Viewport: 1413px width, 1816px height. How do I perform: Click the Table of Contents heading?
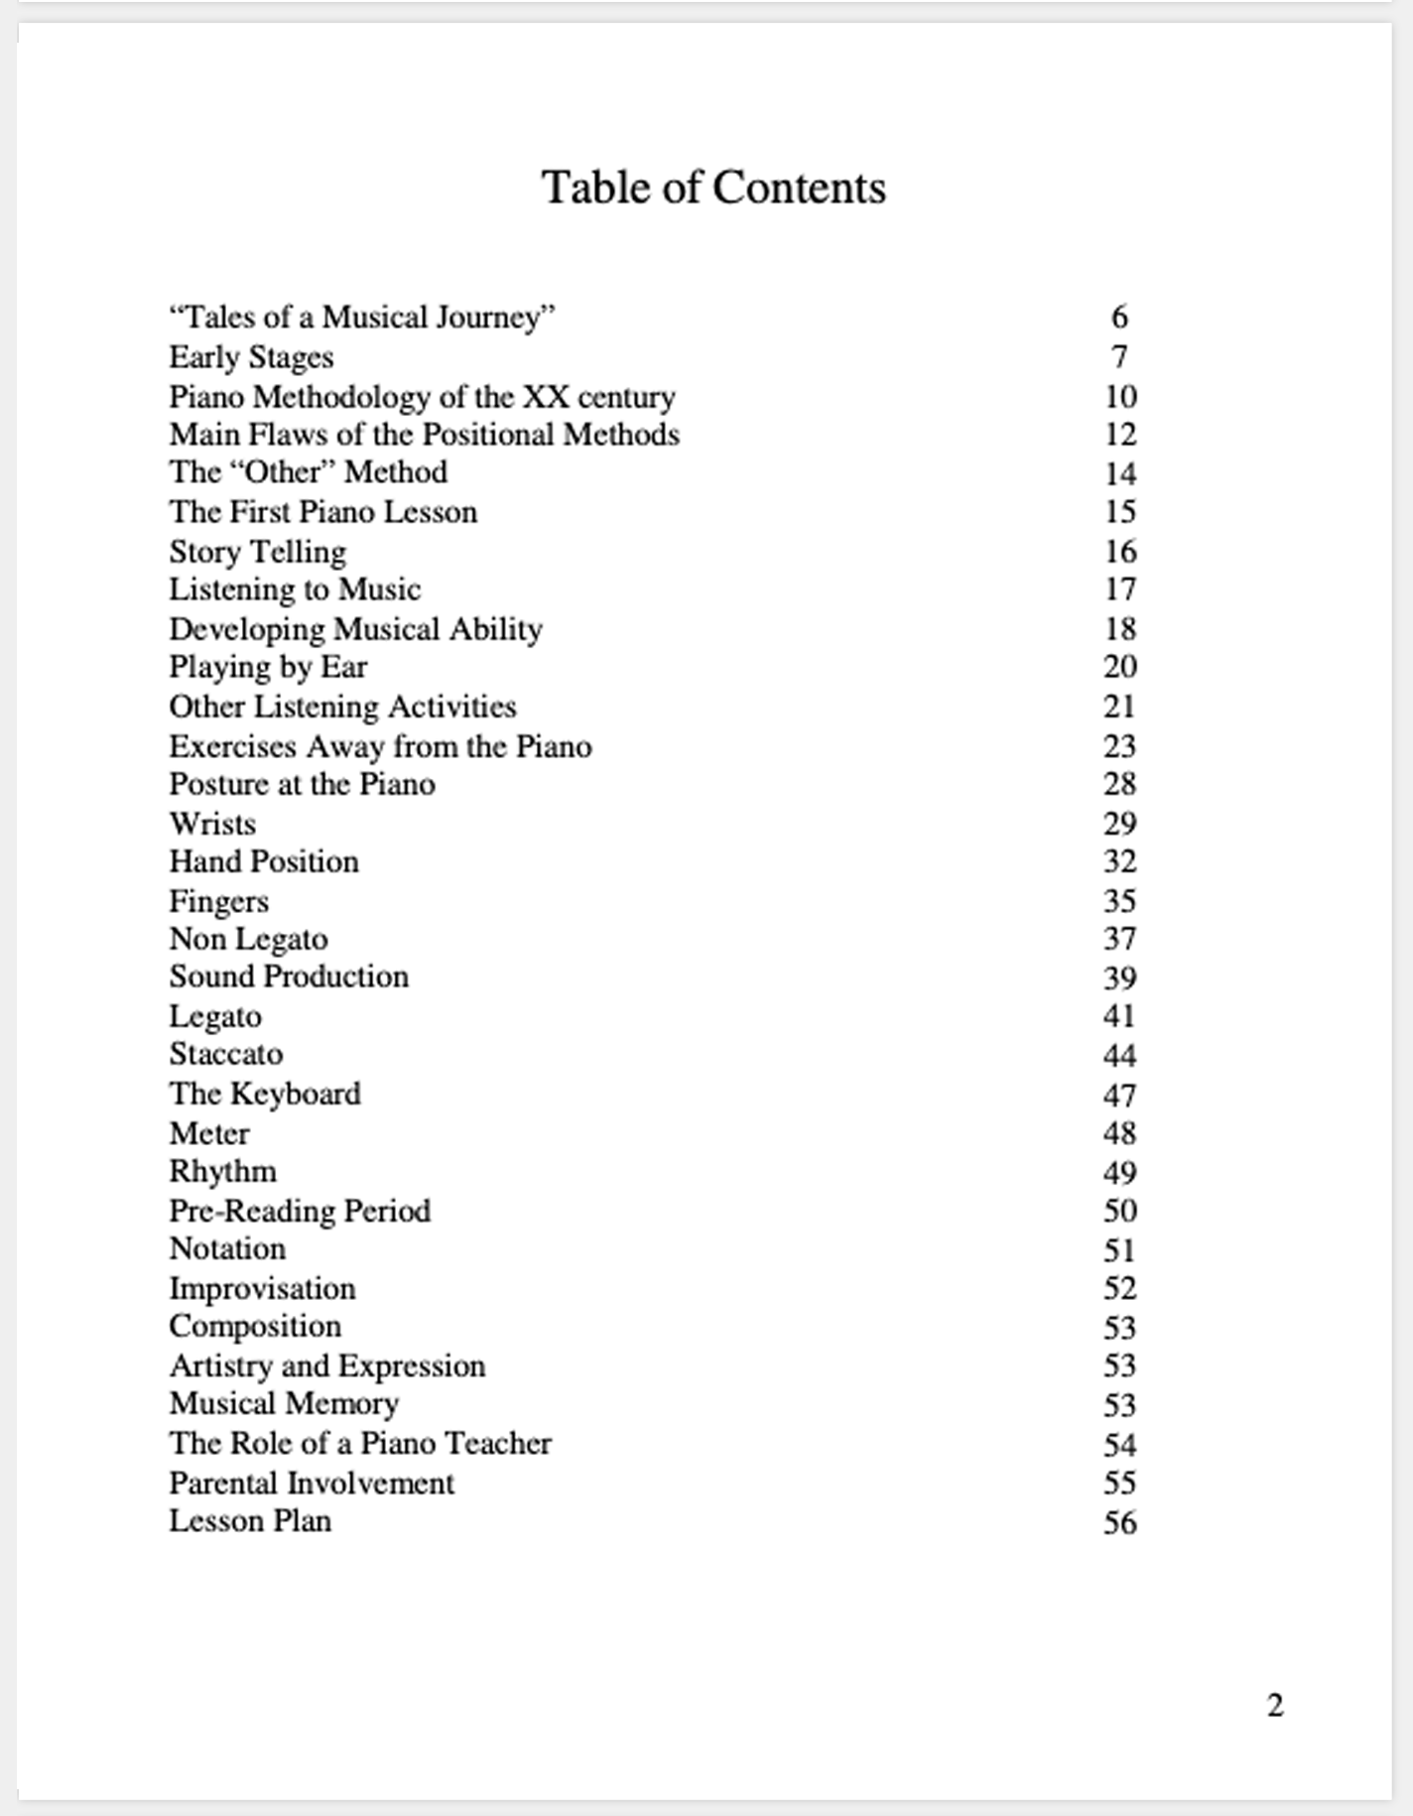tap(712, 188)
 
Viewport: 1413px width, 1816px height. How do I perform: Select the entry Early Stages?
tap(251, 357)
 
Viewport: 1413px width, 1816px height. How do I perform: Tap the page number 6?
tap(1119, 317)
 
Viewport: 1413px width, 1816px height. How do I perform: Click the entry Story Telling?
tap(257, 552)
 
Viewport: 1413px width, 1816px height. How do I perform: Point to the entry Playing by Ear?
tap(268, 667)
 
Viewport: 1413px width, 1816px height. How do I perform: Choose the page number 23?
tap(1119, 746)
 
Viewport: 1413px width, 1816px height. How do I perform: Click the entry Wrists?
tap(212, 824)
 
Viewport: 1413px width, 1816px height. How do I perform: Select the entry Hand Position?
tap(264, 861)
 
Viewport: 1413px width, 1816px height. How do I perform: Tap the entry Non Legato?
tap(248, 939)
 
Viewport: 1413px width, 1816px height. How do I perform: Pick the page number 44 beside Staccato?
tap(1119, 1055)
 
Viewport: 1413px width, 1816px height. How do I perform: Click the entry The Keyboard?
tap(265, 1094)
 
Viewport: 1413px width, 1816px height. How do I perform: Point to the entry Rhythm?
tap(222, 1172)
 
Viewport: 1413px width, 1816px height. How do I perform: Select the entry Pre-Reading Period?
tap(300, 1211)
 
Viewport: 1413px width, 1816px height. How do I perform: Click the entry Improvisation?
tap(262, 1288)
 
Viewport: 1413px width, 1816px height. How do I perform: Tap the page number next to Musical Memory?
tap(1119, 1405)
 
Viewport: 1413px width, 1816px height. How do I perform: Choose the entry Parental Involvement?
tap(312, 1483)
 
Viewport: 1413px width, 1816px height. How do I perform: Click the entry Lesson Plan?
tap(250, 1521)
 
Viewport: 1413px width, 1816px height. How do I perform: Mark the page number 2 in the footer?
tap(1275, 1705)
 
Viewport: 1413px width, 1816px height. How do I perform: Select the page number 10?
tap(1120, 397)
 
